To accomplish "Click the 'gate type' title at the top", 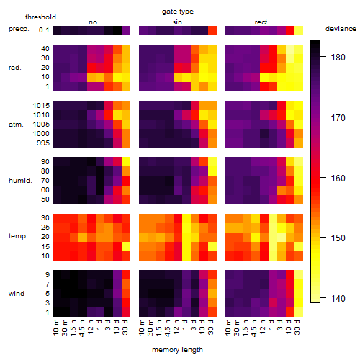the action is pyautogui.click(x=178, y=12).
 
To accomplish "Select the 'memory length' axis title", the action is pyautogui.click(x=177, y=350).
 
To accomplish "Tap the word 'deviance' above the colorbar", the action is pyautogui.click(x=341, y=29).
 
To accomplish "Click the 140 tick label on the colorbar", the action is pyautogui.click(x=338, y=299).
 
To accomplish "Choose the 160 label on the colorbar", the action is pyautogui.click(x=338, y=179).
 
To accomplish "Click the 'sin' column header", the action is pyautogui.click(x=177, y=22).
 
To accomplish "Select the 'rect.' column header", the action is pyautogui.click(x=262, y=22).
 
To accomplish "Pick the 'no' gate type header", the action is pyautogui.click(x=93, y=22).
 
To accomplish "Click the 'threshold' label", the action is pyautogui.click(x=40, y=17).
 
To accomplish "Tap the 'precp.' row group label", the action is pyautogui.click(x=19, y=29).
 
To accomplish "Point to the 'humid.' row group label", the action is pyautogui.click(x=20, y=181).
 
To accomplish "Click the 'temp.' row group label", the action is pyautogui.click(x=18, y=236).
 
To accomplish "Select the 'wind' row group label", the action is pyautogui.click(x=17, y=294).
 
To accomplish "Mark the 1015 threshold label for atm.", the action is pyautogui.click(x=41, y=106).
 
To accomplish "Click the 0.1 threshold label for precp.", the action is pyautogui.click(x=44, y=30).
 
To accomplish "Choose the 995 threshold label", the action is pyautogui.click(x=43, y=143).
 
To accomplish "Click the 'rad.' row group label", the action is pyautogui.click(x=15, y=68).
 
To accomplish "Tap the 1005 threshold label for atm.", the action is pyautogui.click(x=41, y=125).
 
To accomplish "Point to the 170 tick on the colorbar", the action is pyautogui.click(x=338, y=118).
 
